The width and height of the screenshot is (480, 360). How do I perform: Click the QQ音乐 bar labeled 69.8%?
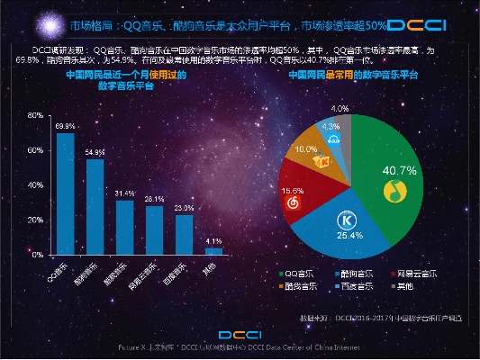[65, 194]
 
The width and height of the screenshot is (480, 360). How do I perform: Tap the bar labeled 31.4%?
[124, 228]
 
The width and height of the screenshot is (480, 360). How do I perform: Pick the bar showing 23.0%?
[184, 235]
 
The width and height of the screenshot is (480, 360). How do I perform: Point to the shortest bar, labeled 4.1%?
[213, 251]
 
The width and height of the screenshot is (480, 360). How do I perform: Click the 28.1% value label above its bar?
[154, 199]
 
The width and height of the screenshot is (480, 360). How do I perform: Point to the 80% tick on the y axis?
[36, 116]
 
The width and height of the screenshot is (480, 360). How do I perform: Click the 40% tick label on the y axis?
[36, 185]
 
